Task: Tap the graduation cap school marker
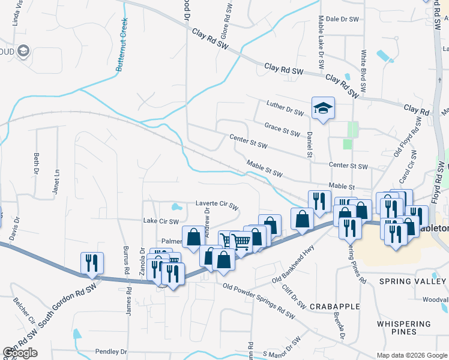(x=323, y=109)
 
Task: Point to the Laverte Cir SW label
(x=217, y=203)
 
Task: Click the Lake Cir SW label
(x=161, y=221)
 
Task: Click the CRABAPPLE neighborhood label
(x=334, y=306)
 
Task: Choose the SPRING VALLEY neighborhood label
(x=412, y=281)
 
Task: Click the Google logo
(x=20, y=353)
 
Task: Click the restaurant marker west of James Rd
(x=92, y=263)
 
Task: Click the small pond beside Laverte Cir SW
(x=176, y=208)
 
